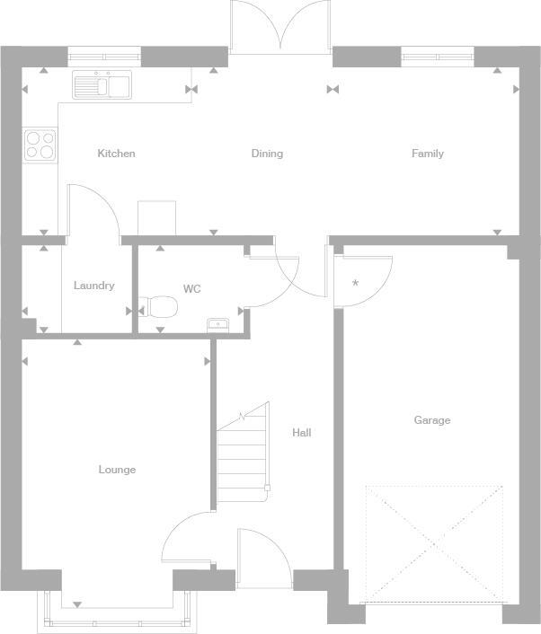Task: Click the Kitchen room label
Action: point(116,154)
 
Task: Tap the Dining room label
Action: point(267,154)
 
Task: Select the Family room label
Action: point(428,154)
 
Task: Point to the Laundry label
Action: point(93,286)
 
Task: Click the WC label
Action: point(191,289)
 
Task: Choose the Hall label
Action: point(302,433)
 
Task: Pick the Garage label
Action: point(432,420)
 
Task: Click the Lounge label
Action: point(117,470)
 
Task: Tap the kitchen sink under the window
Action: point(102,86)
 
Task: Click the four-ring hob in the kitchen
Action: point(40,145)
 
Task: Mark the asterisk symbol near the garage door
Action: point(356,284)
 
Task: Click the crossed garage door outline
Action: point(433,543)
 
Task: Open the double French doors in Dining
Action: point(281,27)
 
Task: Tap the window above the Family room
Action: point(437,57)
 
